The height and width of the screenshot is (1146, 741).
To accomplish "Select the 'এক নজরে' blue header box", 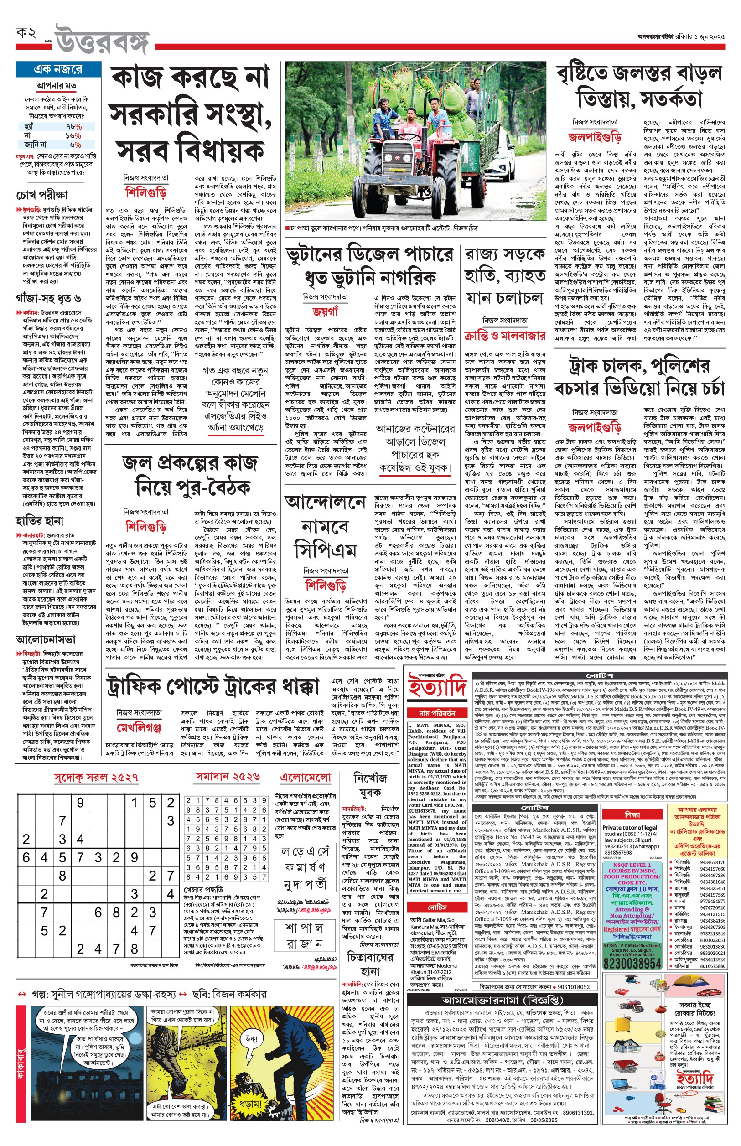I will pos(58,69).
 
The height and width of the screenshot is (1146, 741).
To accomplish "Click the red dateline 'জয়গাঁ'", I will pos(325,312).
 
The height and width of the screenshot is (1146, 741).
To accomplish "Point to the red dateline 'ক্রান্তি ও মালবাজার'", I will pos(504,336).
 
